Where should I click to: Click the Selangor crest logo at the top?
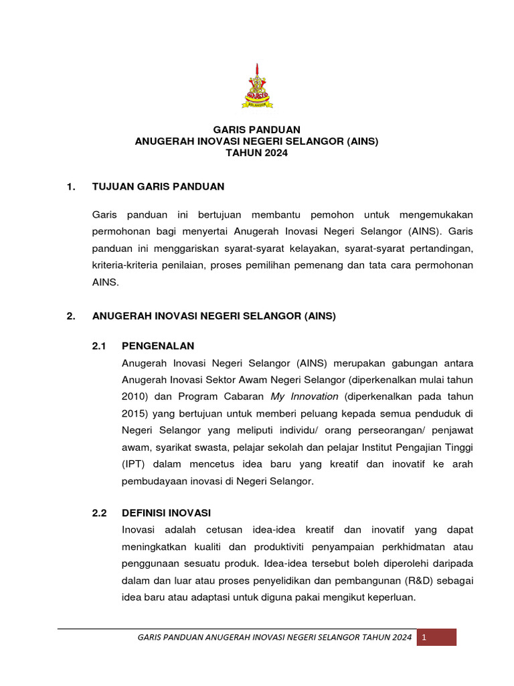coord(257,86)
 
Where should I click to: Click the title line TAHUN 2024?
coord(257,153)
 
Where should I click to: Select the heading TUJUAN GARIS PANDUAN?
coord(158,186)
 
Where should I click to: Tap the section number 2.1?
coord(99,346)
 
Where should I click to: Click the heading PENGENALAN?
coord(158,346)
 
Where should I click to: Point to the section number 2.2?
coord(99,513)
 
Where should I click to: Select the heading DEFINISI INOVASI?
coord(166,513)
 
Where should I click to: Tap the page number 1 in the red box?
coord(423,637)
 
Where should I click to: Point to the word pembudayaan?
coord(154,480)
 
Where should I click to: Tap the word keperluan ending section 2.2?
coord(391,597)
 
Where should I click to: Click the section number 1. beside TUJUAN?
coord(70,186)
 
